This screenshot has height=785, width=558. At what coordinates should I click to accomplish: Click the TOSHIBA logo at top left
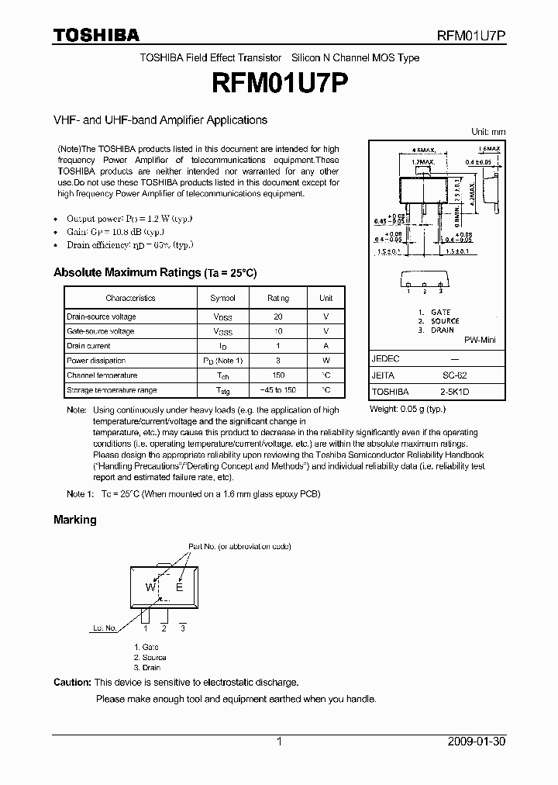coord(96,35)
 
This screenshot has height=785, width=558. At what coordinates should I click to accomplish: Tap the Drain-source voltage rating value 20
coord(278,316)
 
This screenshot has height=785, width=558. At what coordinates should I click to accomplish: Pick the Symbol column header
coord(222,298)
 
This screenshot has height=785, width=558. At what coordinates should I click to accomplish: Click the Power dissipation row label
coord(96,361)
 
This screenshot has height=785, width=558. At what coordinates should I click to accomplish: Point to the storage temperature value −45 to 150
coord(278,390)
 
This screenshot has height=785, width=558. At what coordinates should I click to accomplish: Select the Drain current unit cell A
coord(326,346)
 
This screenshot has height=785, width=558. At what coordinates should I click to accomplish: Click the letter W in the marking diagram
coord(150,587)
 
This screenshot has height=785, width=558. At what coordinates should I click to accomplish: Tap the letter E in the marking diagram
coord(179,587)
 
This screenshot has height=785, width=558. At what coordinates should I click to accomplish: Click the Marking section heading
coord(74,520)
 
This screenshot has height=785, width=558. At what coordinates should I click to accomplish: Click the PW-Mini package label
coord(480,341)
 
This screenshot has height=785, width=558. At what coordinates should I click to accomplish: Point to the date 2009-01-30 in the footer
coord(477,742)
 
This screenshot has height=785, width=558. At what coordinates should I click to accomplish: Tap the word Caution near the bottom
coord(72,683)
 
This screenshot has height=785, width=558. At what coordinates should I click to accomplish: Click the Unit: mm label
coord(488,133)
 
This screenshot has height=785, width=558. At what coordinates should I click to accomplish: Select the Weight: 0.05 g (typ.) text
coord(408,408)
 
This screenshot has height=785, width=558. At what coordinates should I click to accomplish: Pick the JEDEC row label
coord(386,359)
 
